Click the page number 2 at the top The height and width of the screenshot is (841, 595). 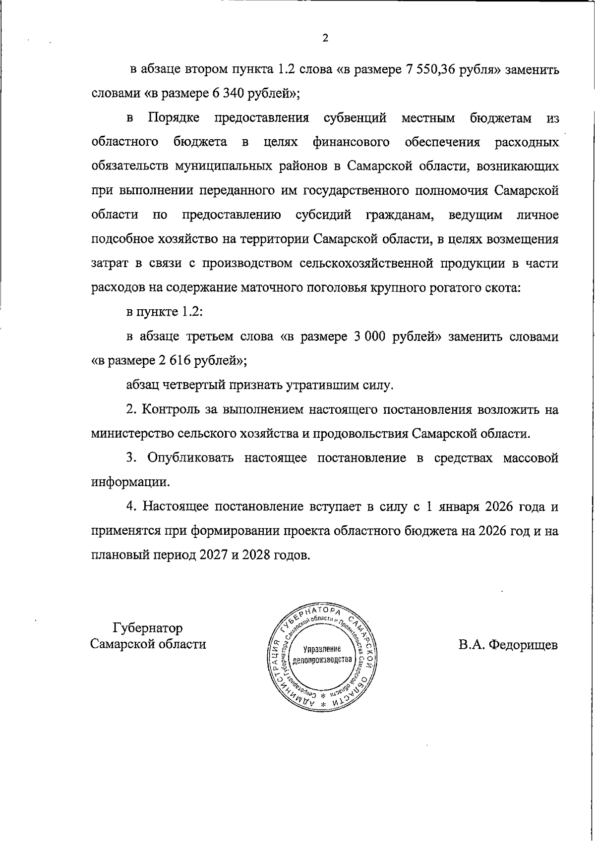click(325, 38)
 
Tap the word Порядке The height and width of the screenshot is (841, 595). click(174, 118)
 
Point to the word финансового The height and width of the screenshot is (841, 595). click(351, 142)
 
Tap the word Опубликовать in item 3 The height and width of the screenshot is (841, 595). click(190, 458)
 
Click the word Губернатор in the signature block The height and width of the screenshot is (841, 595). click(148, 628)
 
